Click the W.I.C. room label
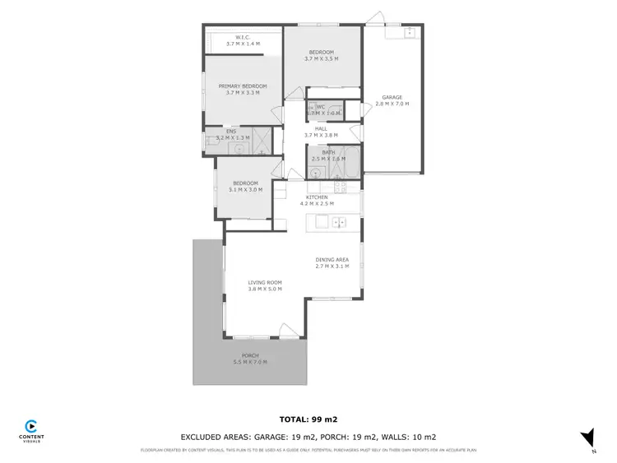click(x=242, y=37)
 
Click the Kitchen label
click(x=317, y=197)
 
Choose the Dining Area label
click(x=332, y=260)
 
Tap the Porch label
click(x=250, y=355)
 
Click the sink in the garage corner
click(x=409, y=34)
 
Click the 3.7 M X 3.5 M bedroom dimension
click(x=322, y=58)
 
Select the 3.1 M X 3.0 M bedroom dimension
click(x=245, y=189)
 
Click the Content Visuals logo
click(x=31, y=428)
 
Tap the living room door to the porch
click(x=290, y=331)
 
